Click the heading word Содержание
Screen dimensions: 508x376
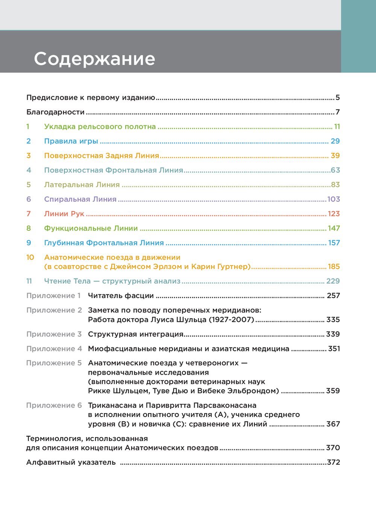pos(94,59)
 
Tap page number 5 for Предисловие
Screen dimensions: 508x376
pos(338,98)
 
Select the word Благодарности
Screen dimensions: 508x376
pos(55,112)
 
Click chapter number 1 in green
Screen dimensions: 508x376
pos(28,127)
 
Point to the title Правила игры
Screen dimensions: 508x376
pos(71,141)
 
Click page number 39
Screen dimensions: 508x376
pos(335,156)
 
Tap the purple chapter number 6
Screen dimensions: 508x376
pos(29,199)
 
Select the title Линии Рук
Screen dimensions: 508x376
pos(64,214)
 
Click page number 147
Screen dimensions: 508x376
pos(334,228)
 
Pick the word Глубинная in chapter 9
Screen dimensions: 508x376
pos(64,243)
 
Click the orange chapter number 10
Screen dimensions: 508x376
pos(30,258)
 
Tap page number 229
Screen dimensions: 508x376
pos(333,281)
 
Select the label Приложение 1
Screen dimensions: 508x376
pos(53,296)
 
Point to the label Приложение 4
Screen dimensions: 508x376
pos(54,349)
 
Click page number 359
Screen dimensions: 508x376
pos(333,391)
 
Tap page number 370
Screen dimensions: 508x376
pos(333,448)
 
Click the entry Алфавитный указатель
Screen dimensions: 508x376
pos(71,462)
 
